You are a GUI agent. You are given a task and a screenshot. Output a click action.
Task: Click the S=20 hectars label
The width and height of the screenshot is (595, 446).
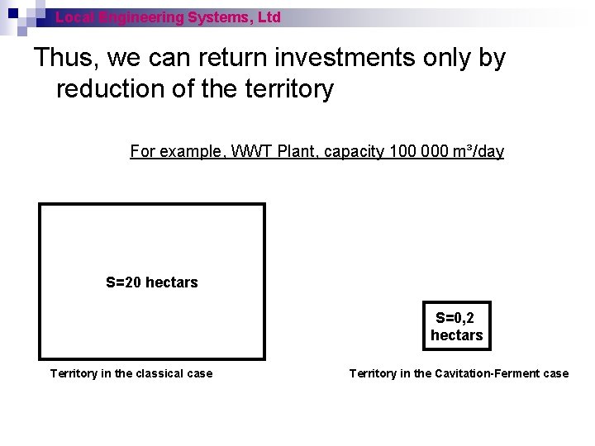[152, 282]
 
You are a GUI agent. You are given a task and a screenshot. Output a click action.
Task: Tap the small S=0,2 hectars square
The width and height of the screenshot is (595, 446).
[456, 326]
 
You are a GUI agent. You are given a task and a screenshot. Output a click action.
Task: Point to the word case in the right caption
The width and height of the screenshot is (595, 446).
[555, 373]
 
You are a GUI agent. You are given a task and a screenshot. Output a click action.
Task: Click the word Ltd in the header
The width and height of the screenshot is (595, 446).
[269, 17]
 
